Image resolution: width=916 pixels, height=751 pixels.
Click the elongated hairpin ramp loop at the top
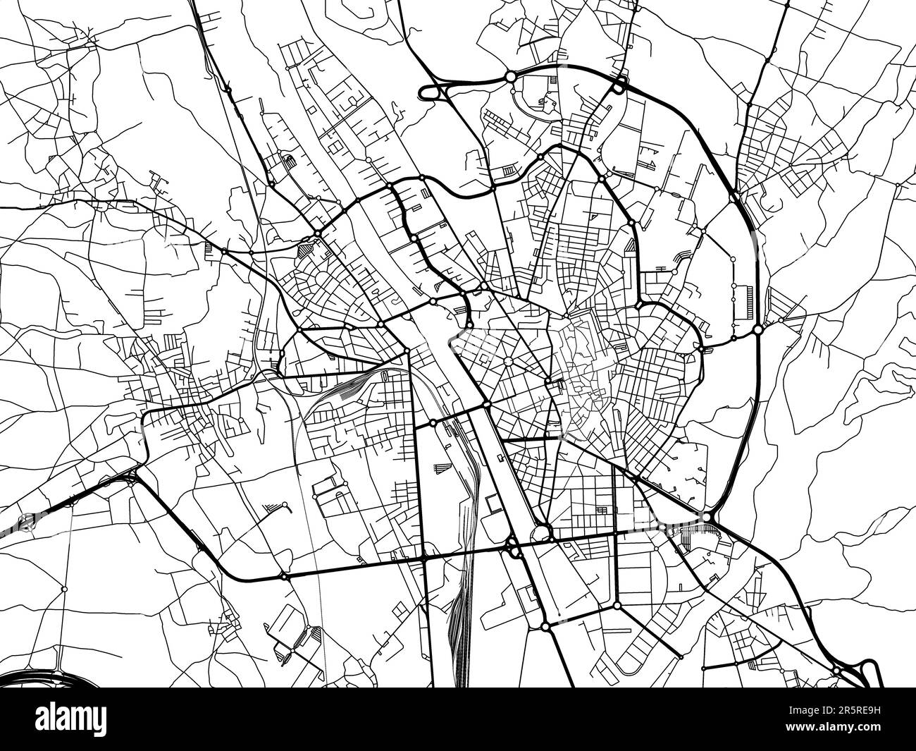[440, 92]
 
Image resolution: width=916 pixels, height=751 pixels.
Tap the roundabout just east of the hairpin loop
[510, 76]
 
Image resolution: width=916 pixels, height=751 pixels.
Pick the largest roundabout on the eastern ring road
[757, 329]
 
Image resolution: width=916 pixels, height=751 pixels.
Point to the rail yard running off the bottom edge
[458, 635]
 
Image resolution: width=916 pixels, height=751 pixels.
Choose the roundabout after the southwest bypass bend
[284, 576]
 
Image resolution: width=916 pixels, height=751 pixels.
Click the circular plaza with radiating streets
[507, 361]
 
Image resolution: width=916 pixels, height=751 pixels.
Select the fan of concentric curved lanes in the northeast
[680, 257]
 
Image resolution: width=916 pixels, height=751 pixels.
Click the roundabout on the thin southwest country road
[64, 588]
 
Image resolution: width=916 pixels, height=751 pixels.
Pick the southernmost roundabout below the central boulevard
[545, 625]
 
